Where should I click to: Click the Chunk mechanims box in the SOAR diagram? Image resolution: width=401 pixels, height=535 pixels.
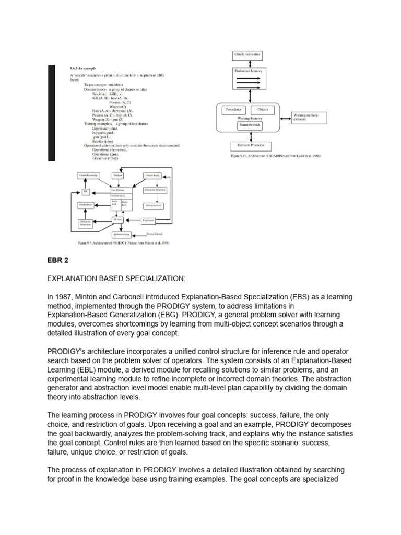click(x=247, y=54)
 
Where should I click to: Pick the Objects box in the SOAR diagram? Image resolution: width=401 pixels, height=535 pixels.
click(x=263, y=110)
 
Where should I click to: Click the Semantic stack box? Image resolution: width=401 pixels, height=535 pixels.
click(x=250, y=125)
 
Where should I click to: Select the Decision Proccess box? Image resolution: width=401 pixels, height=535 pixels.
click(x=251, y=146)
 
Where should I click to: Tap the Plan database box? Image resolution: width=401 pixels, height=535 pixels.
click(x=86, y=205)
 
